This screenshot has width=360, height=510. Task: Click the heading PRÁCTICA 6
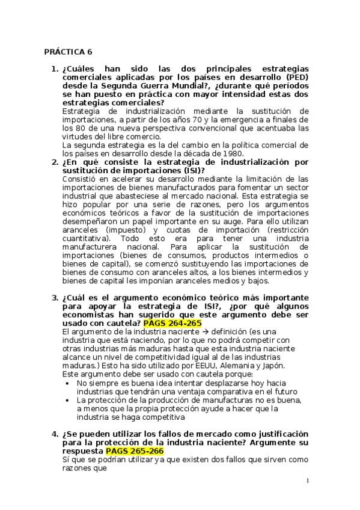coord(69,52)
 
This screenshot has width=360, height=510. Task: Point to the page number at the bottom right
coord(307,481)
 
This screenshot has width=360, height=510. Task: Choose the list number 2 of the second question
coord(53,162)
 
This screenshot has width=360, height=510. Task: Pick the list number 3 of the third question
coord(53,297)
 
